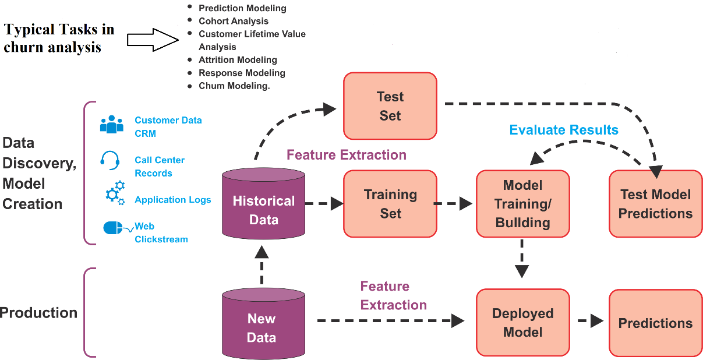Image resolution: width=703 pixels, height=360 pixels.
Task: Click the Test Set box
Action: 390,106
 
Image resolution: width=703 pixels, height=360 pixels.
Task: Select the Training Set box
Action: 390,204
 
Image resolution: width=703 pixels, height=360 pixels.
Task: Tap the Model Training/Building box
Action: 523,204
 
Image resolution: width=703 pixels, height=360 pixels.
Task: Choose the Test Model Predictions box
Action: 656,204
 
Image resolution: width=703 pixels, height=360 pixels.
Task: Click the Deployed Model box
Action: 523,323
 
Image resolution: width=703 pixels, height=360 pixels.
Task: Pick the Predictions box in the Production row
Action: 656,323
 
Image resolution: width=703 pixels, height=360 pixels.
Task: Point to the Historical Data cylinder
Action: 263,203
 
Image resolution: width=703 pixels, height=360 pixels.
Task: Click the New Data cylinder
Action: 263,323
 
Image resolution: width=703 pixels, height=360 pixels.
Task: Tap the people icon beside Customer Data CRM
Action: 112,124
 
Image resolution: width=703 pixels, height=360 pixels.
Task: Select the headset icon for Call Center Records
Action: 110,160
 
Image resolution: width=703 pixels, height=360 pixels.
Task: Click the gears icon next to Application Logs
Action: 115,193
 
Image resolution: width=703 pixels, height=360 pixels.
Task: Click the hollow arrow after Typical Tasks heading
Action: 153,40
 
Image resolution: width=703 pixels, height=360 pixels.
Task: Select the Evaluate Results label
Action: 564,130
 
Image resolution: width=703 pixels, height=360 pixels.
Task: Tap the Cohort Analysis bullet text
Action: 234,21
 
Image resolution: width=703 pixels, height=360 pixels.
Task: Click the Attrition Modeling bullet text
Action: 238,59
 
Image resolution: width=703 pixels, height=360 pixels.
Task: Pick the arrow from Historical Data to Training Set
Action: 324,203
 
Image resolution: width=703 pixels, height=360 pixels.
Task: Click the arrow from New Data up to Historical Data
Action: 262,265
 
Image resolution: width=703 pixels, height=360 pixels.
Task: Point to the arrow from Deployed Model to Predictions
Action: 591,321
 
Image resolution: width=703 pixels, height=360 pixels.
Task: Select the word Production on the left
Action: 38,313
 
